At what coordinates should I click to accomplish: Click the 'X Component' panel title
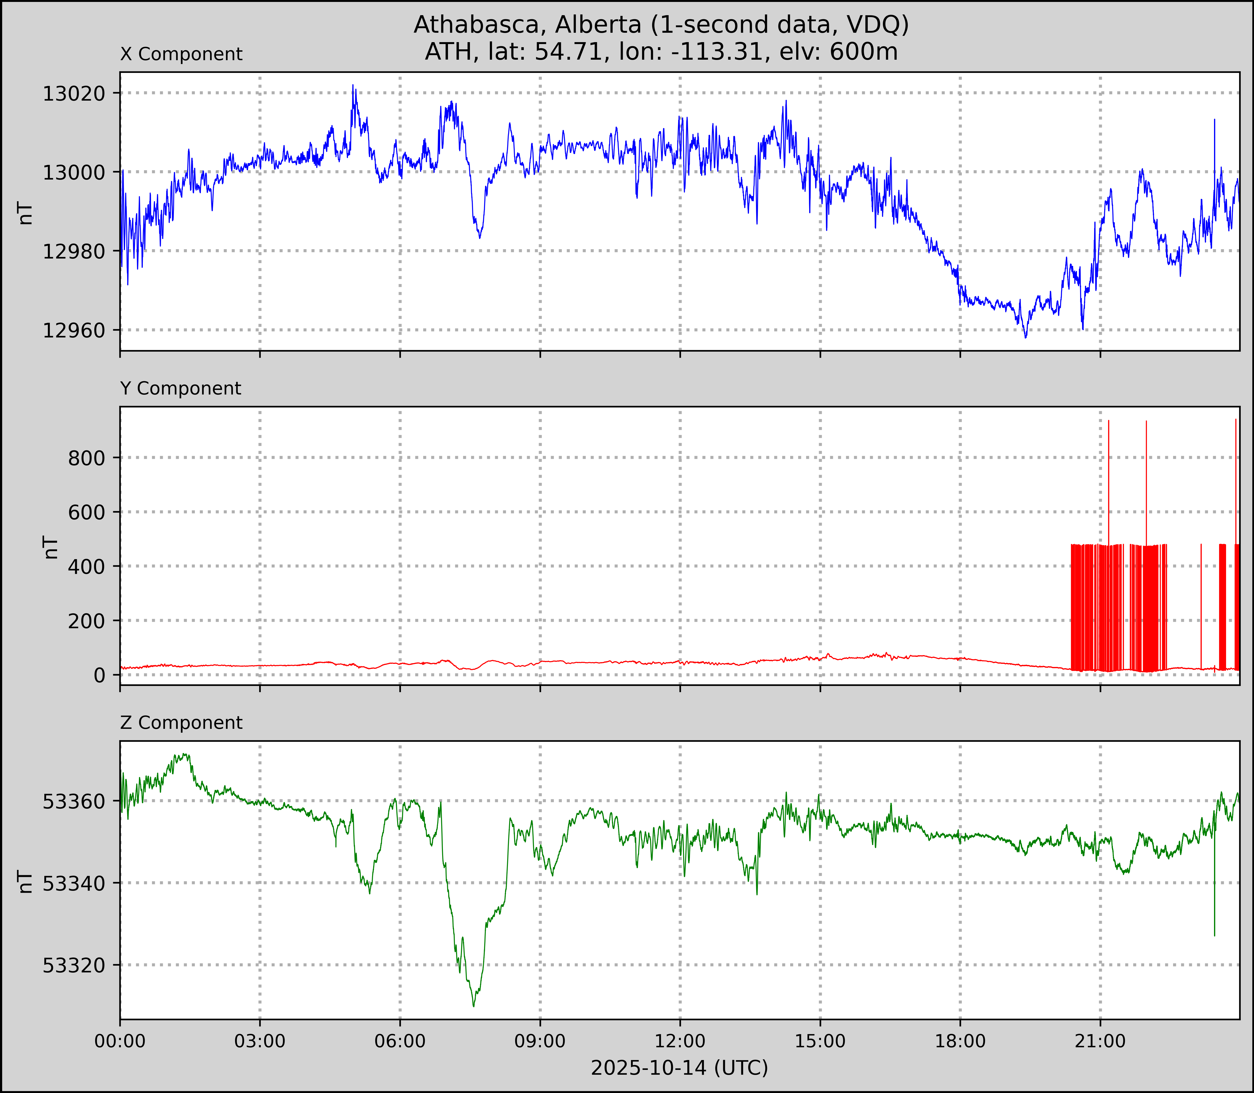pyautogui.click(x=181, y=54)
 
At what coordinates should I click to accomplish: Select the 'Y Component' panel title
pyautogui.click(x=181, y=388)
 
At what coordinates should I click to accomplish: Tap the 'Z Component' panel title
pyautogui.click(x=181, y=723)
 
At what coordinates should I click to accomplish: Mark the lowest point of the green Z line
pyautogui.click(x=473, y=1006)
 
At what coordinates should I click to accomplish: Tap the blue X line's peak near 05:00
pyautogui.click(x=353, y=85)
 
